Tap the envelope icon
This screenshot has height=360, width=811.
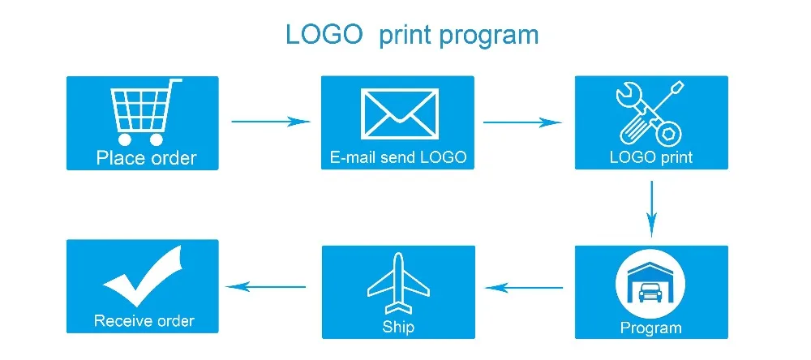point(397,114)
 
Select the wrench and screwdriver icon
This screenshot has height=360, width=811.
point(650,113)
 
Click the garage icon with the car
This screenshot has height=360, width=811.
point(650,286)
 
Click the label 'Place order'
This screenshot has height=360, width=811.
point(146,157)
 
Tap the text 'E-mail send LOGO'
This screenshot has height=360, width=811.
point(398,157)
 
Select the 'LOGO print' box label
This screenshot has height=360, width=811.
point(651,156)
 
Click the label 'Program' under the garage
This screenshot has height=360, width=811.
point(650,328)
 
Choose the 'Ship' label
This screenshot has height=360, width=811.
point(398,327)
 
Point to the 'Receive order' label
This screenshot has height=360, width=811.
point(144,321)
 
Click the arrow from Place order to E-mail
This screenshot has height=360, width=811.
point(271,122)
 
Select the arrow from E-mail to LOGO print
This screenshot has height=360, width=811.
point(522,122)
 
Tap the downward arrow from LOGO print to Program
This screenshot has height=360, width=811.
point(651,208)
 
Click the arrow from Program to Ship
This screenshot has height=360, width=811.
point(524,286)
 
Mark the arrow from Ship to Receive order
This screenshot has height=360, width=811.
point(265,285)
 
